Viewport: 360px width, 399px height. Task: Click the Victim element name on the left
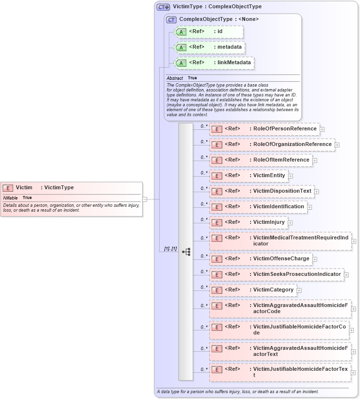point(24,187)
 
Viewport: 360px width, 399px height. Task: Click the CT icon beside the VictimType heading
point(163,7)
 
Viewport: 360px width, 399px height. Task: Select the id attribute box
point(209,32)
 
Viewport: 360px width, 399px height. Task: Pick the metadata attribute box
point(209,47)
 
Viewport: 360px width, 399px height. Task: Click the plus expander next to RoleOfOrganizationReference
point(337,145)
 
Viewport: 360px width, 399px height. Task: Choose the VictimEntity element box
point(249,176)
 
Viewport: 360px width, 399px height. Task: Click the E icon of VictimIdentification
point(217,207)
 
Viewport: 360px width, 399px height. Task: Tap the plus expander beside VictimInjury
point(290,223)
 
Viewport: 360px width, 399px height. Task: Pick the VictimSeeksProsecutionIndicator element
point(276,274)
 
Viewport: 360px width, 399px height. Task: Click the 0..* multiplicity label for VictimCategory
point(204,288)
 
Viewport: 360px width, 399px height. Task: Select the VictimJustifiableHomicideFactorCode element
point(279,330)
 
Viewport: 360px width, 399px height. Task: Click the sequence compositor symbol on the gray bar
point(186,252)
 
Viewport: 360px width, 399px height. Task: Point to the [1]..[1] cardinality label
point(170,249)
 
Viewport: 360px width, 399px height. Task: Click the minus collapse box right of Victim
point(145,199)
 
